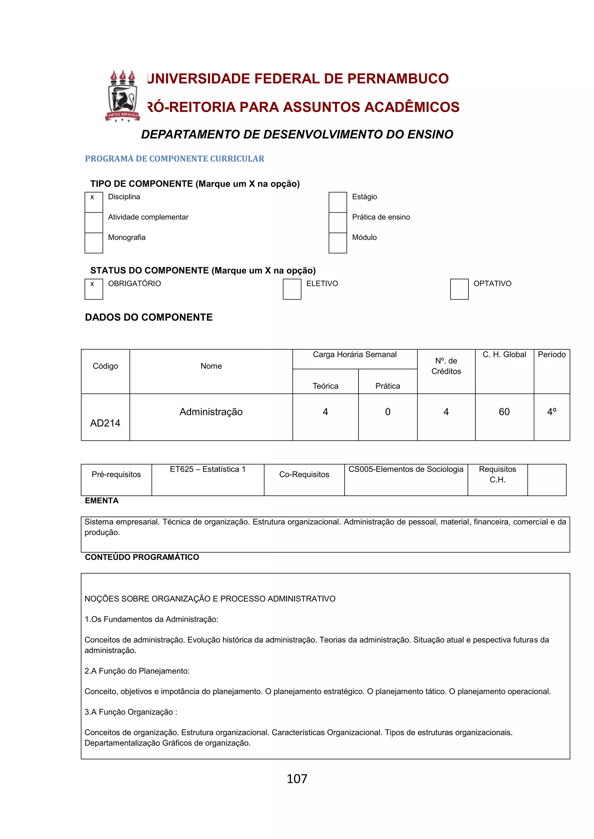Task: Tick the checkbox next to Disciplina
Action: coord(94,202)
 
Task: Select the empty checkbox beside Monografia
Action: coord(94,243)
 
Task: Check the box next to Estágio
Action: coord(338,202)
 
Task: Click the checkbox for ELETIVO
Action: coord(292,289)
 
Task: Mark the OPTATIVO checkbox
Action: coord(459,289)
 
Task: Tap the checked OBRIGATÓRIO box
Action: coord(94,289)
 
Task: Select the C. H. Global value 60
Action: coord(504,412)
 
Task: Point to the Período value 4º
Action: coord(552,412)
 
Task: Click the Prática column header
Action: coord(388,386)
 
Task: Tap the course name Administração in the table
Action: coord(211,412)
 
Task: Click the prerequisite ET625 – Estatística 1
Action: coord(208,469)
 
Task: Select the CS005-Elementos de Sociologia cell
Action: coord(406,469)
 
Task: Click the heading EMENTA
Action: coord(102,501)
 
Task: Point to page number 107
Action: coord(297,779)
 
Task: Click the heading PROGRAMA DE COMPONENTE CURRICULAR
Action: coord(175,158)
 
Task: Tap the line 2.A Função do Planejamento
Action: coord(137,671)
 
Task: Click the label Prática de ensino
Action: coord(381,217)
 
